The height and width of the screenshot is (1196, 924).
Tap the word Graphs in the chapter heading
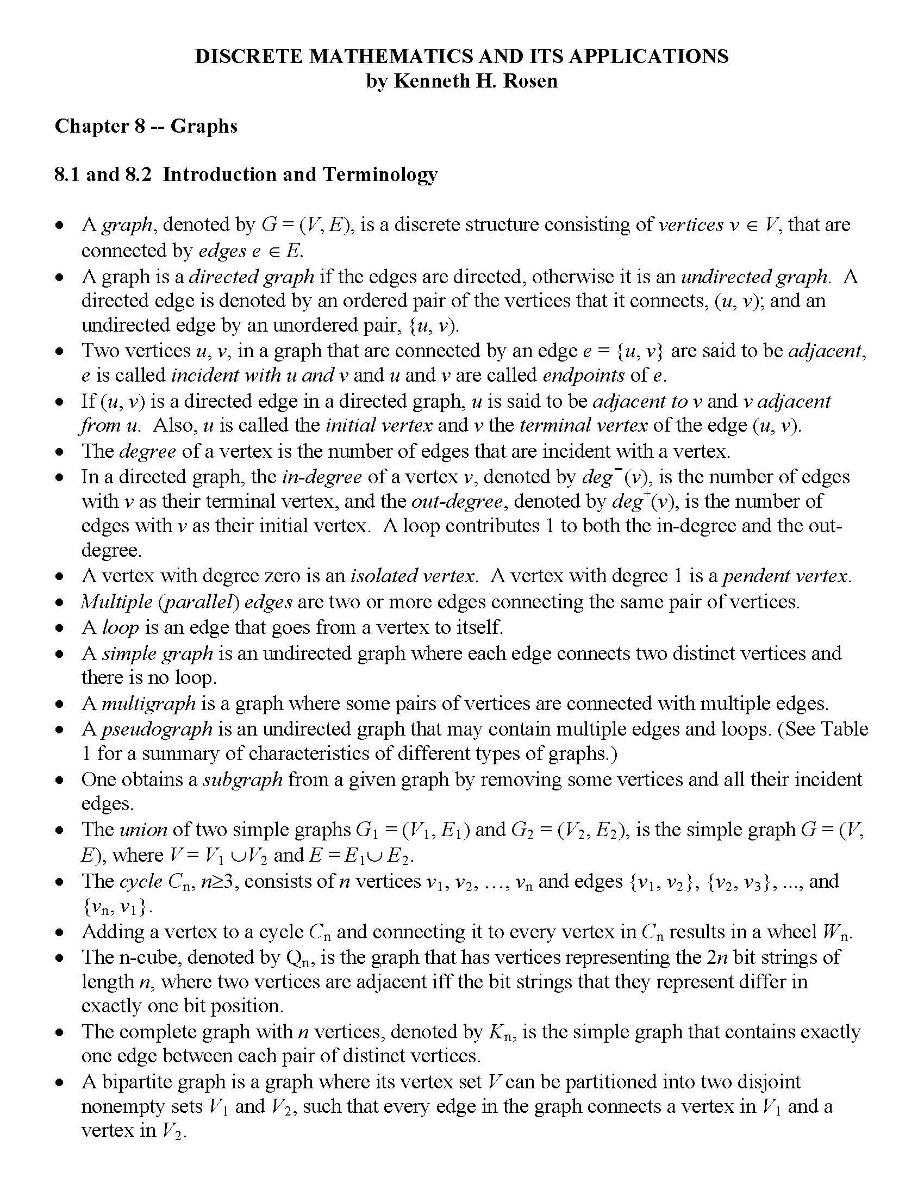pyautogui.click(x=204, y=126)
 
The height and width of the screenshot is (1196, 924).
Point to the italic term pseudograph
pyautogui.click(x=157, y=729)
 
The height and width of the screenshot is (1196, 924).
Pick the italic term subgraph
pyautogui.click(x=242, y=779)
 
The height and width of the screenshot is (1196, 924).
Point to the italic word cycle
pyautogui.click(x=141, y=881)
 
